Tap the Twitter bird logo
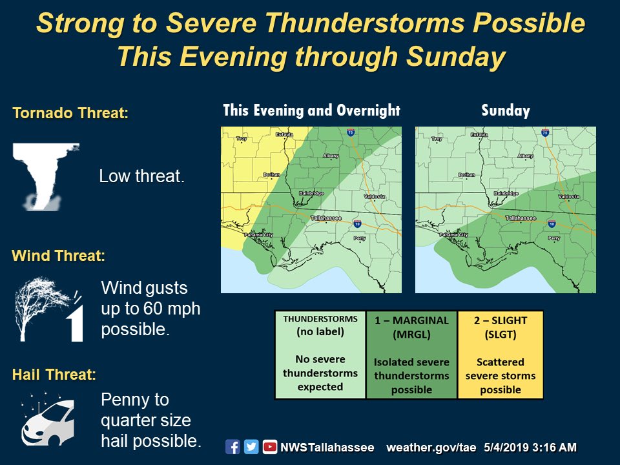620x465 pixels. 251,447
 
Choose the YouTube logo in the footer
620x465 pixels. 270,447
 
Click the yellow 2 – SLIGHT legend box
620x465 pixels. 501,355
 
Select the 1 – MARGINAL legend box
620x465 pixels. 411,355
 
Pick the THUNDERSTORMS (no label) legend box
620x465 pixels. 320,355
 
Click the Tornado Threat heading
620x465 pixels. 70,114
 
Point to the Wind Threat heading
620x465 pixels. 58,256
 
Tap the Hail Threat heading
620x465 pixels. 54,375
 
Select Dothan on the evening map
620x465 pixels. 272,175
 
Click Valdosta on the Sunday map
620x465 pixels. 568,196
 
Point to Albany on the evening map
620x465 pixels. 332,156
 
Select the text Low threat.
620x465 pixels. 142,176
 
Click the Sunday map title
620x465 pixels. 505,110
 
